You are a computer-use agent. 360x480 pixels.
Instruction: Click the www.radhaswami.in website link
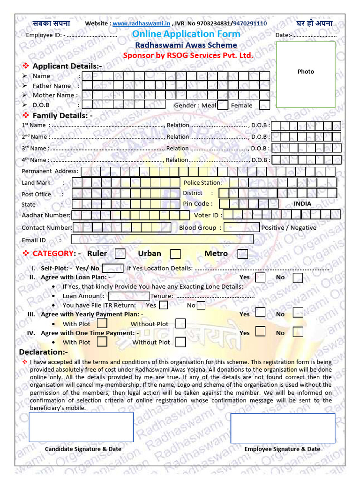click(142, 23)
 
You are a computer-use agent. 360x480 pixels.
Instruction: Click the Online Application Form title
click(186, 34)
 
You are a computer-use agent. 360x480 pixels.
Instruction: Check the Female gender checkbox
click(264, 105)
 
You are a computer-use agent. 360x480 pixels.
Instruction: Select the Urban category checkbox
click(175, 254)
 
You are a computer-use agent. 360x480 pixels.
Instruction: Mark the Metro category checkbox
click(242, 254)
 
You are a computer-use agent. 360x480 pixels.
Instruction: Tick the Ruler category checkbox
click(120, 254)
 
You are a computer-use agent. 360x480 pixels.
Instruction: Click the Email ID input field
click(162, 240)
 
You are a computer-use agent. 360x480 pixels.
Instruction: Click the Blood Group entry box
click(241, 227)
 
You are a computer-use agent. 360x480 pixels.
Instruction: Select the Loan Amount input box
click(129, 296)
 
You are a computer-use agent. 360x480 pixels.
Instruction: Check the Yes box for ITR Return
click(164, 305)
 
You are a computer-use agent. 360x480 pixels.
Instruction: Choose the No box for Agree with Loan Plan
click(298, 277)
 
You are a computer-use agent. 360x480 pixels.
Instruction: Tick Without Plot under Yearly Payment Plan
click(180, 323)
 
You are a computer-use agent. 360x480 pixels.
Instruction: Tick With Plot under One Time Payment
click(102, 342)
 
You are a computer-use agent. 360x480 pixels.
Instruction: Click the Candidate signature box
click(81, 427)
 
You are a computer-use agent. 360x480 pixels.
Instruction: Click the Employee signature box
click(283, 427)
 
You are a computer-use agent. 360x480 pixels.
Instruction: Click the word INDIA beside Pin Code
click(302, 204)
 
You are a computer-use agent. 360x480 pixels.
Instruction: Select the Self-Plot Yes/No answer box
click(112, 268)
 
